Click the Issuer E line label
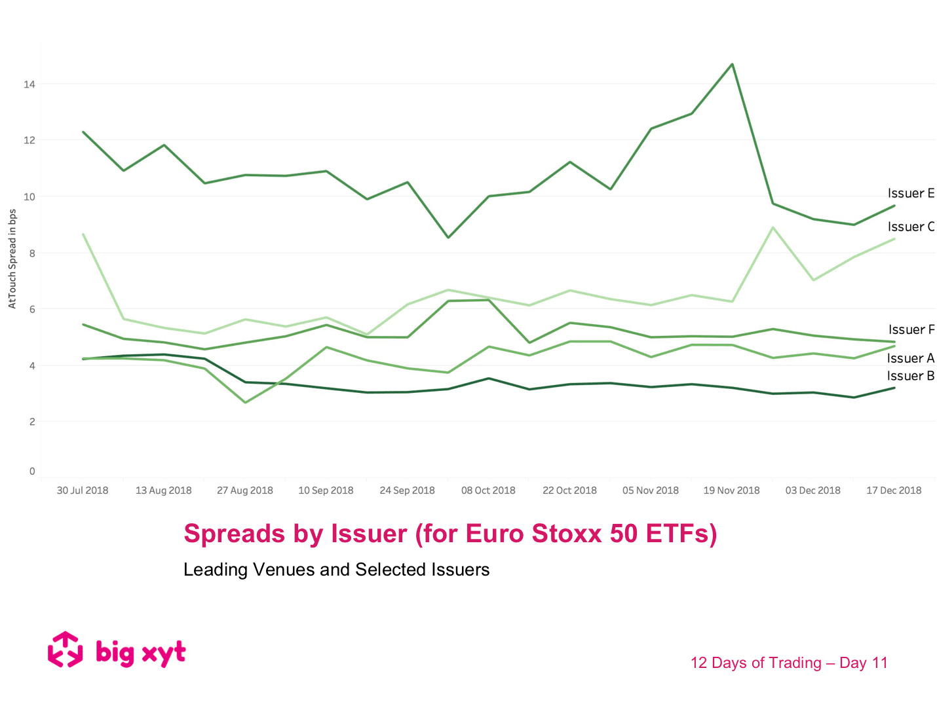(x=910, y=193)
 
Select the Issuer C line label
(x=910, y=227)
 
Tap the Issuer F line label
(x=911, y=329)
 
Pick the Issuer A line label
(x=910, y=358)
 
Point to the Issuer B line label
(x=910, y=376)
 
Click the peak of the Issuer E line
(x=732, y=64)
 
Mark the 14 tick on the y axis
(x=29, y=84)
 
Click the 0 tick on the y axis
(x=32, y=471)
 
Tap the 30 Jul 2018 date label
(x=83, y=490)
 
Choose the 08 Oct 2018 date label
(x=488, y=490)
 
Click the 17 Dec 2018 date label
(x=894, y=490)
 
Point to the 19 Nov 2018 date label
(x=731, y=490)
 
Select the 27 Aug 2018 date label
(x=245, y=490)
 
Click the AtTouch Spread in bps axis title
(x=12, y=259)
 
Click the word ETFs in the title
(x=681, y=534)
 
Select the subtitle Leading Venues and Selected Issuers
(x=336, y=570)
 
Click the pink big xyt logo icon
(x=66, y=650)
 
